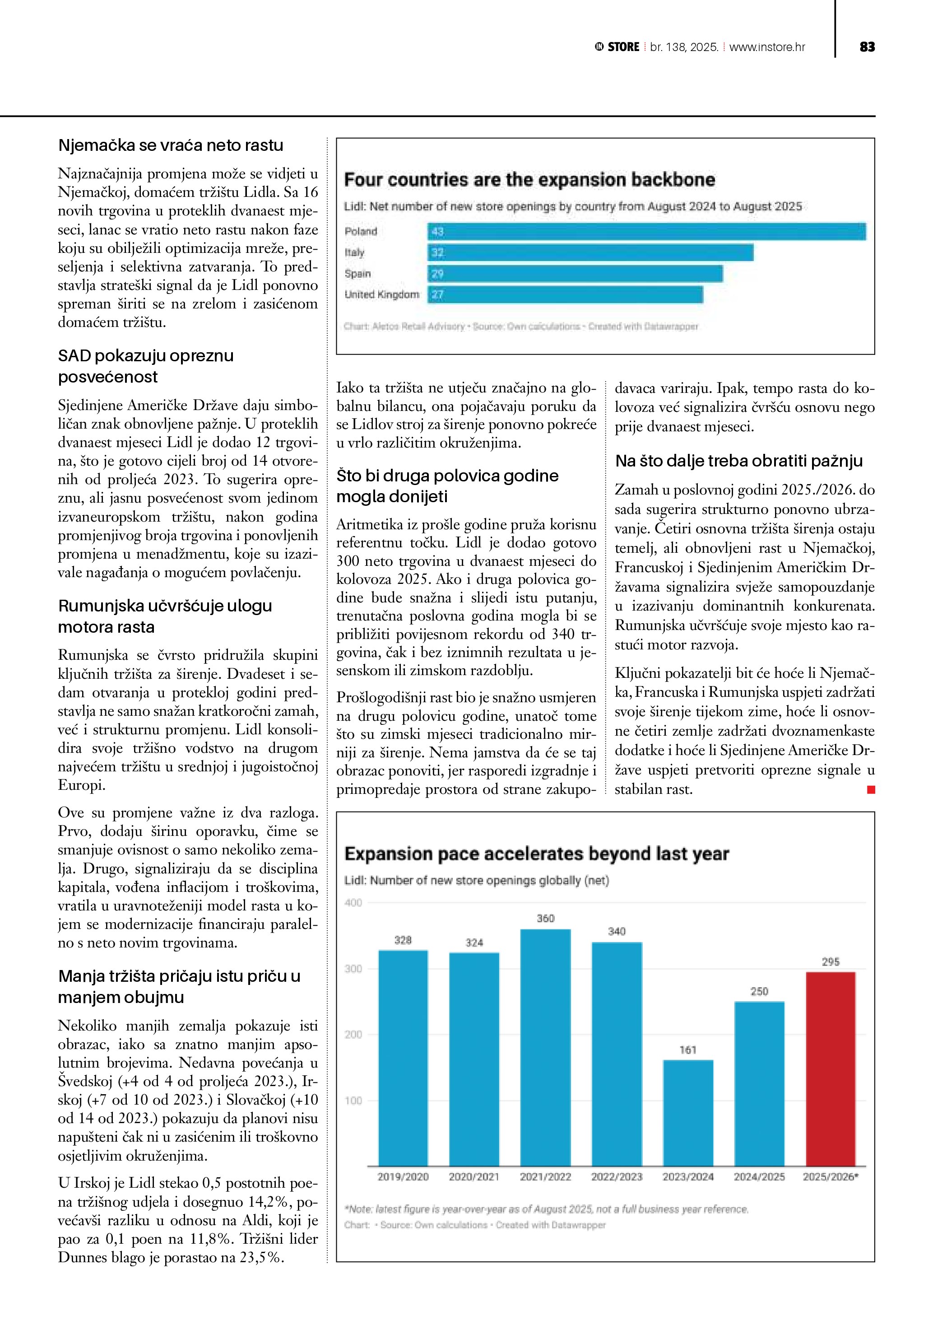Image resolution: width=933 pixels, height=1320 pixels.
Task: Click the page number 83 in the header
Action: tap(867, 47)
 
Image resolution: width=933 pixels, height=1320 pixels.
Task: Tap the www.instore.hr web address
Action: tap(767, 47)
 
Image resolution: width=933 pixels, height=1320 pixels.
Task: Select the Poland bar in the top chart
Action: tap(646, 232)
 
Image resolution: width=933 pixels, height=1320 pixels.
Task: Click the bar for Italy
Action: tap(590, 252)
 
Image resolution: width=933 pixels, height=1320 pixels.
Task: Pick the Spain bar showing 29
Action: tap(575, 274)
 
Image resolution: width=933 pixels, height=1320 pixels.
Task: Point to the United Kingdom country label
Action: tap(381, 294)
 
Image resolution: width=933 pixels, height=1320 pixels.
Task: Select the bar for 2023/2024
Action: tap(688, 1112)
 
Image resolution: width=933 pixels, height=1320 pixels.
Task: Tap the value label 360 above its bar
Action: tap(545, 918)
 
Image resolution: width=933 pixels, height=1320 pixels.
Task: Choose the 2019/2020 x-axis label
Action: tap(403, 1177)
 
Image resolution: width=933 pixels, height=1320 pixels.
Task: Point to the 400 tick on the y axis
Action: tap(353, 903)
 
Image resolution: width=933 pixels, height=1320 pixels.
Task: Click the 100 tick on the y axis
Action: tap(353, 1101)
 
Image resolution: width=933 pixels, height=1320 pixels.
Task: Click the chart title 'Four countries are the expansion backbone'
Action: tap(529, 179)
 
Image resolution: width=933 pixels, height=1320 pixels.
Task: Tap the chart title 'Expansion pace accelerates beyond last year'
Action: tap(536, 854)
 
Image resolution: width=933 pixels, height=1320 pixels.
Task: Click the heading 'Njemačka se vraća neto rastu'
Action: tap(171, 145)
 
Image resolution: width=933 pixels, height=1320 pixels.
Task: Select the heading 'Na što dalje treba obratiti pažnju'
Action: tap(739, 461)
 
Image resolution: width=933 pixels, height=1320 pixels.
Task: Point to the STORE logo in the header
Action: tap(617, 47)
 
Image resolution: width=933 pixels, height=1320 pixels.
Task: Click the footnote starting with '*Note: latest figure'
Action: tap(546, 1209)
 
